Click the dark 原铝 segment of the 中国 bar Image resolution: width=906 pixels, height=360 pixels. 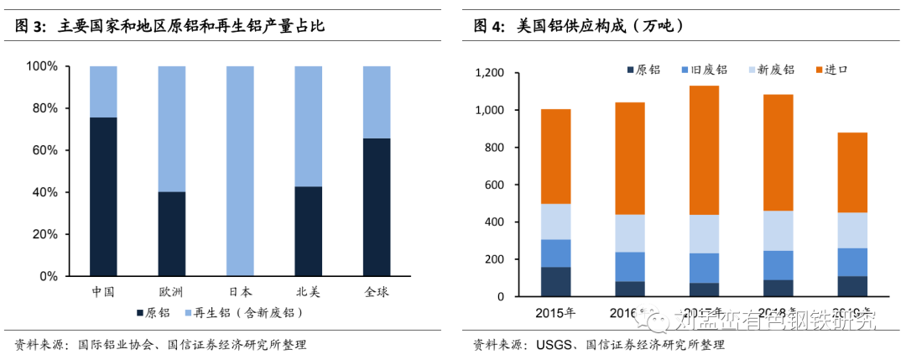[x=102, y=196]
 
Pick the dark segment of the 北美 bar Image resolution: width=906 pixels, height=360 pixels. [x=308, y=231]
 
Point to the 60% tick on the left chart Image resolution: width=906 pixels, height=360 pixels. [x=42, y=150]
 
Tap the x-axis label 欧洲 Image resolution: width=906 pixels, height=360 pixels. [x=171, y=292]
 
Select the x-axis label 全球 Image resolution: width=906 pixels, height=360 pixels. [x=377, y=292]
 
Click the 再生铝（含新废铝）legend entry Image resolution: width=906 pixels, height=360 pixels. [x=242, y=313]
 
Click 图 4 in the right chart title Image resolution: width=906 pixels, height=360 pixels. [x=488, y=27]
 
